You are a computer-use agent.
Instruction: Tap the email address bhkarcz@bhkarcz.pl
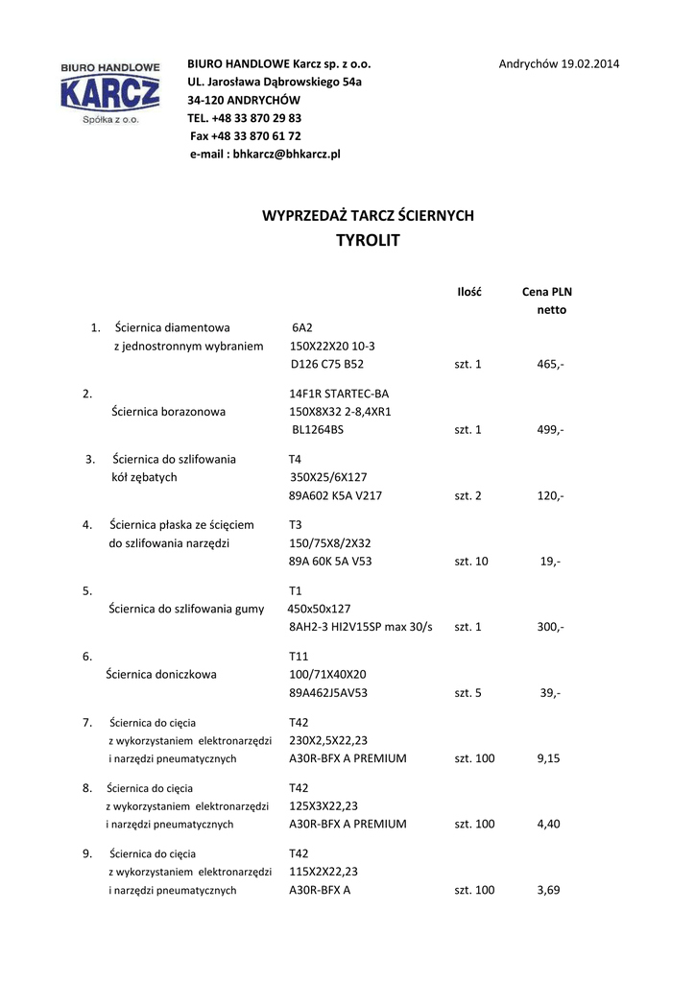(265, 154)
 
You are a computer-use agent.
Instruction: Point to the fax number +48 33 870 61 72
(246, 136)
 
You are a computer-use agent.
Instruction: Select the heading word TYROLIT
(368, 241)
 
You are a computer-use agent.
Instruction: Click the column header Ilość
(468, 292)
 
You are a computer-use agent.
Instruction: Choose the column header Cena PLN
(546, 292)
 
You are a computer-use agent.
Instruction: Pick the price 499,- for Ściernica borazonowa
(550, 430)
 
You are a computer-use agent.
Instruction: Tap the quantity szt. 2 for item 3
(467, 495)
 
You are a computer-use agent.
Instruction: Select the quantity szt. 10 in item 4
(470, 562)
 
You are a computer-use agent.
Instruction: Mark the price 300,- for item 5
(550, 627)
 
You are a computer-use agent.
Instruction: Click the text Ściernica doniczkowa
(161, 675)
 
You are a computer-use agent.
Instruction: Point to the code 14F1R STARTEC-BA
(339, 394)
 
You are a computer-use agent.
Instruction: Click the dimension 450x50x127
(320, 609)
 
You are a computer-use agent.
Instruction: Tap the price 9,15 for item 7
(549, 758)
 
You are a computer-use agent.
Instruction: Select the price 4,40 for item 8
(549, 824)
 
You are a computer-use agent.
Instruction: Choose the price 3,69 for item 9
(549, 890)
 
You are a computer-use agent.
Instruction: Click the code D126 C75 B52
(326, 365)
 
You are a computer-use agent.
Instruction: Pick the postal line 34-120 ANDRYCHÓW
(244, 100)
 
